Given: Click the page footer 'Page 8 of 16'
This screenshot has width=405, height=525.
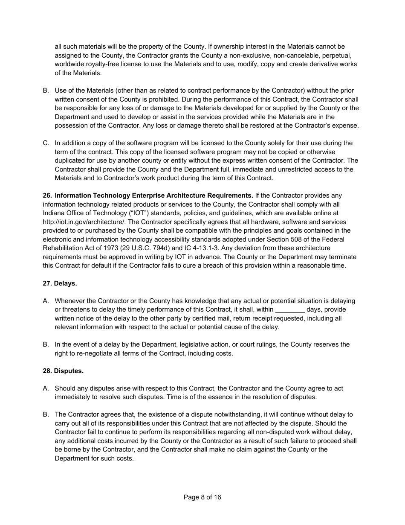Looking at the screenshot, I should tap(202, 497).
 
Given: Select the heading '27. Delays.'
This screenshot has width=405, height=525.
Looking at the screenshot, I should tap(60, 283).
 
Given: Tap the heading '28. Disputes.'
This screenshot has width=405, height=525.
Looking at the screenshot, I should tap(63, 371).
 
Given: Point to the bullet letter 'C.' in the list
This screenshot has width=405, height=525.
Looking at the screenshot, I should tap(46, 143).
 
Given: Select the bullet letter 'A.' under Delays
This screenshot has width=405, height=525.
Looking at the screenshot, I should tap(46, 301).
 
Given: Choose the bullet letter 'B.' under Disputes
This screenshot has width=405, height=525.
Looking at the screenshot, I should tap(46, 414).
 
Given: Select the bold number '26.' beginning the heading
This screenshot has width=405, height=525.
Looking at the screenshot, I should tap(47, 195).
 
